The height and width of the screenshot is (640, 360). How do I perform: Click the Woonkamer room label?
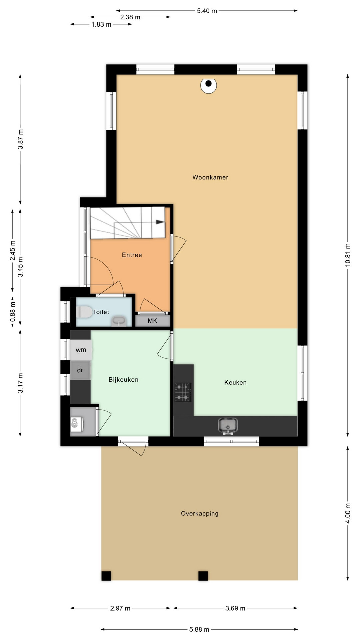(210, 177)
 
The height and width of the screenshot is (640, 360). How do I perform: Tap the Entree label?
(132, 255)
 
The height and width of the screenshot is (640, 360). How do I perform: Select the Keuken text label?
(235, 383)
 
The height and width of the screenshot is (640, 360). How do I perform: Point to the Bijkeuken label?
(123, 380)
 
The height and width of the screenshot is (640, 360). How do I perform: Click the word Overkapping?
(200, 514)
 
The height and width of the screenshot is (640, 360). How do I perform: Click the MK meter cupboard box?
(153, 321)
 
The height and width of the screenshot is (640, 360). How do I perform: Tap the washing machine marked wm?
(81, 350)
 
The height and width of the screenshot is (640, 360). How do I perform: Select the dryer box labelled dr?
(80, 370)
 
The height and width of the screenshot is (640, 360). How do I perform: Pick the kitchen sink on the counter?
(228, 426)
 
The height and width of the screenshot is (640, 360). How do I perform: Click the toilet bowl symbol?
(84, 312)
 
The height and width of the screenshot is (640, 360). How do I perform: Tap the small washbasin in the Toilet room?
(118, 321)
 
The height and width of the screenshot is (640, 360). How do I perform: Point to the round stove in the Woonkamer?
(209, 85)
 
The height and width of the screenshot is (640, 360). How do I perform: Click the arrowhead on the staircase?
(160, 222)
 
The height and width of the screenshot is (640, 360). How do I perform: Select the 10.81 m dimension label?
(348, 255)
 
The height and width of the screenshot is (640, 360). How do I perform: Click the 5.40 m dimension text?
(207, 11)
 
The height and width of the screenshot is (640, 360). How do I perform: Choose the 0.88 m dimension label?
(13, 312)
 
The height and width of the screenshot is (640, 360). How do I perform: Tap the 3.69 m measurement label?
(235, 608)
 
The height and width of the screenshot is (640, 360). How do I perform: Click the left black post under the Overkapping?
(106, 576)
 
